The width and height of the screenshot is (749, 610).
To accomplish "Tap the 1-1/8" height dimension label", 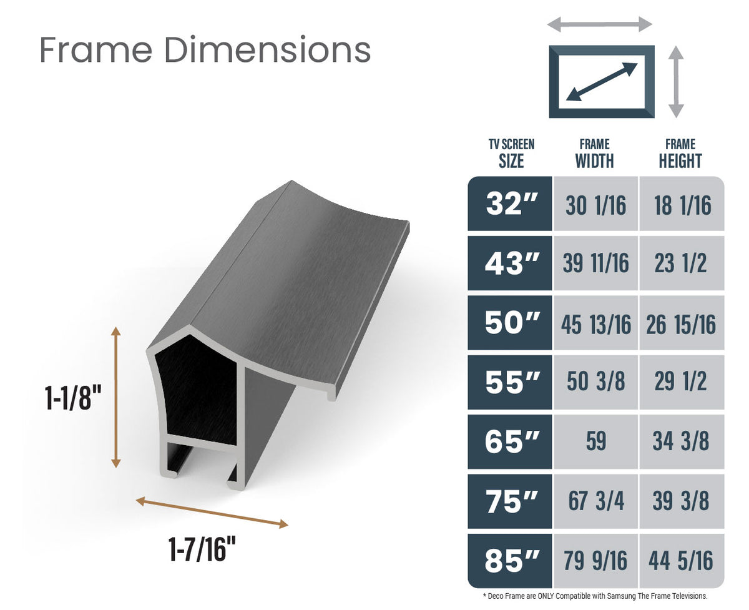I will pyautogui.click(x=73, y=398).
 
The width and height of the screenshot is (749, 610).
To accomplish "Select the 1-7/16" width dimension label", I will pyautogui.click(x=202, y=549).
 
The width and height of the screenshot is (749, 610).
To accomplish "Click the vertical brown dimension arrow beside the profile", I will pyautogui.click(x=115, y=397).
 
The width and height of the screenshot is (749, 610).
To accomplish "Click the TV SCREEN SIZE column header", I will pyautogui.click(x=511, y=154).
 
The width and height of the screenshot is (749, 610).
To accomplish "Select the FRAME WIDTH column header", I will pyautogui.click(x=594, y=154).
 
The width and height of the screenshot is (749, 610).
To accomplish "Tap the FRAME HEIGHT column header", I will pyautogui.click(x=680, y=154).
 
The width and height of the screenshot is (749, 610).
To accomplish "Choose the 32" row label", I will pyautogui.click(x=511, y=204).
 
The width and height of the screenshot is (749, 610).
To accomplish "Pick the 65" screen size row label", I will pyautogui.click(x=511, y=441).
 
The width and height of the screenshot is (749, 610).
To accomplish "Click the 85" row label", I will pyautogui.click(x=511, y=561).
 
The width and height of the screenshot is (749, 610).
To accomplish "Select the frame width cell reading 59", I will pyautogui.click(x=595, y=441).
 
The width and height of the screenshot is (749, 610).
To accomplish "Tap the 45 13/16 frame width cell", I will pyautogui.click(x=595, y=323).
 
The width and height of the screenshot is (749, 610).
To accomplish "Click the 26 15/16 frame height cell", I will pyautogui.click(x=681, y=323).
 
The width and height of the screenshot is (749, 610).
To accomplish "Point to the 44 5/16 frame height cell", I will pyautogui.click(x=681, y=561).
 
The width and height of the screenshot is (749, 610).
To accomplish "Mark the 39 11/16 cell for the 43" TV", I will pyautogui.click(x=595, y=263).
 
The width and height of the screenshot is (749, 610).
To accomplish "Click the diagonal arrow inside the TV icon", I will pyautogui.click(x=602, y=82).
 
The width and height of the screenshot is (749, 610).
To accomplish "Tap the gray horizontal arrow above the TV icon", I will pyautogui.click(x=600, y=25).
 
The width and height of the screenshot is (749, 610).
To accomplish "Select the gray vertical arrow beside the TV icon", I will pyautogui.click(x=676, y=82).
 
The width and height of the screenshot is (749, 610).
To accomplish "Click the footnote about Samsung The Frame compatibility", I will pyautogui.click(x=595, y=596).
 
